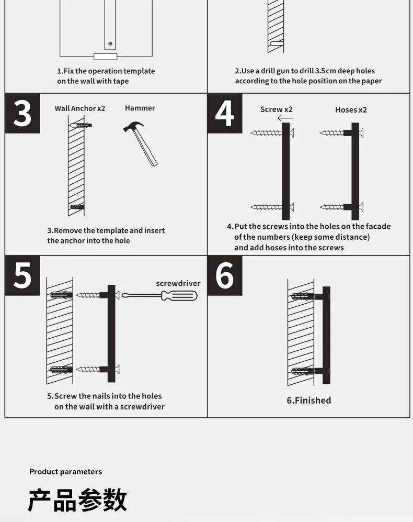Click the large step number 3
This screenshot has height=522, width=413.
22,114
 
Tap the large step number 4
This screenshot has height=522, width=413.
225,114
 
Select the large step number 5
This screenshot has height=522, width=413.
22,275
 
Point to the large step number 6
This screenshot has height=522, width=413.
225,275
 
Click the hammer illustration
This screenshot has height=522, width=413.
141,143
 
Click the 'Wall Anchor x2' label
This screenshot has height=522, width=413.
80,108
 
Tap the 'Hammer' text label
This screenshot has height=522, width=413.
140,108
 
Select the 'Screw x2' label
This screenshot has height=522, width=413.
277,109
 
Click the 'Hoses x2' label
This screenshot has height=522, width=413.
351,110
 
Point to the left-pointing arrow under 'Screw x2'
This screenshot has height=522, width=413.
285,118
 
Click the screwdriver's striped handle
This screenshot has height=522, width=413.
179,296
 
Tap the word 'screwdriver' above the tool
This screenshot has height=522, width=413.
178,283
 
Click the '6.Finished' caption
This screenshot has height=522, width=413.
309,400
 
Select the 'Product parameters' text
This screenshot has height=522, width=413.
65,471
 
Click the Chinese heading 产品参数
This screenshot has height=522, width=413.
77,500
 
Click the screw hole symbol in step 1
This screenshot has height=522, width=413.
110,43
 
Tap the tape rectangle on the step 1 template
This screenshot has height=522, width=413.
106,57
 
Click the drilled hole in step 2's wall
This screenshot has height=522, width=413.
276,43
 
